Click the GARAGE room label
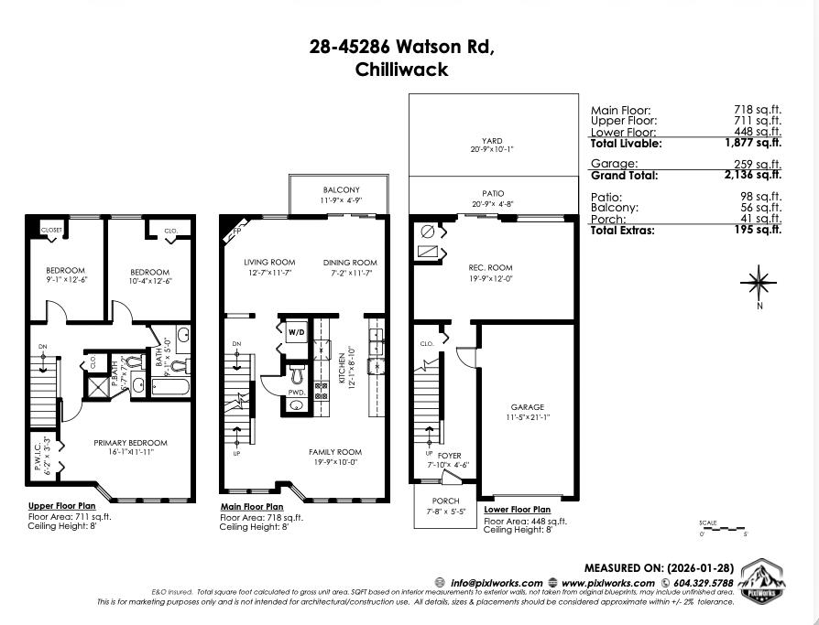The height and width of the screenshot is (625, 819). pos(527,407)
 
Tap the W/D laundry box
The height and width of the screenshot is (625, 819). pos(297,331)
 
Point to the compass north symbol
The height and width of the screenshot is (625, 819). pos(759,283)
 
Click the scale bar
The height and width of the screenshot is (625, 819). pos(723,528)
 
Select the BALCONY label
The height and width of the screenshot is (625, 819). pos(341,189)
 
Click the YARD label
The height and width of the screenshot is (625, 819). pos(493,141)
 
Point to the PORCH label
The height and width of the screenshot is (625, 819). pos(445,501)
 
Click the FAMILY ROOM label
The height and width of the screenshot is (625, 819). pos(334,452)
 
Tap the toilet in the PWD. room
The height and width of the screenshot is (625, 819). pos(296,375)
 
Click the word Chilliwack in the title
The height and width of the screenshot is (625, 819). pos(401,69)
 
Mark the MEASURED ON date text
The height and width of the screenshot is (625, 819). pos(659,568)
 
